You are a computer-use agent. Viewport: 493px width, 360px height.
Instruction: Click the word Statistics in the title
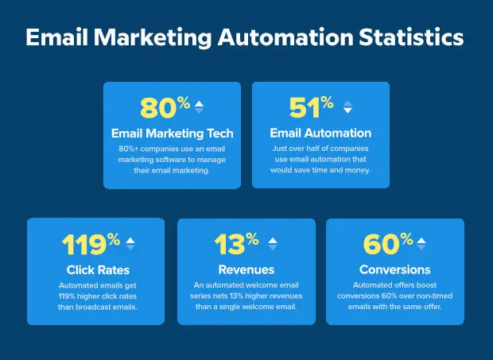pyautogui.click(x=411, y=37)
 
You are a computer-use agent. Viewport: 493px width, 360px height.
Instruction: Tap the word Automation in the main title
pyautogui.click(x=285, y=37)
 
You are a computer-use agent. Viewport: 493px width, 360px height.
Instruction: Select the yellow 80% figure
pyautogui.click(x=165, y=107)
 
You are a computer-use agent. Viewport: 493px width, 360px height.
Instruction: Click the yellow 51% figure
pyautogui.click(x=311, y=107)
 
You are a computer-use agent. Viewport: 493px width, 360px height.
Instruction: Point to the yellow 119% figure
pyautogui.click(x=91, y=244)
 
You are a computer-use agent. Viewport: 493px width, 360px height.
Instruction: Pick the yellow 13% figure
pyautogui.click(x=236, y=244)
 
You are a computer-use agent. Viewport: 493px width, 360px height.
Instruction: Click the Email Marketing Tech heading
pyautogui.click(x=173, y=134)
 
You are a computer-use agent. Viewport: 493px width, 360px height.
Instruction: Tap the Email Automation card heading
pyautogui.click(x=320, y=133)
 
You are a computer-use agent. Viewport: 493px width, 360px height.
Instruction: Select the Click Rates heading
pyautogui.click(x=98, y=270)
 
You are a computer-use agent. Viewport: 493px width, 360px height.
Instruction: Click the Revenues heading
pyautogui.click(x=246, y=269)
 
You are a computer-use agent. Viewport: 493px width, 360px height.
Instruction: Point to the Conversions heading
pyautogui.click(x=395, y=269)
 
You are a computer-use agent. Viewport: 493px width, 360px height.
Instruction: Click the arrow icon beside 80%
pyautogui.click(x=199, y=107)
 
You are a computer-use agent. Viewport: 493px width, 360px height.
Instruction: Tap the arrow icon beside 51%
pyautogui.click(x=347, y=107)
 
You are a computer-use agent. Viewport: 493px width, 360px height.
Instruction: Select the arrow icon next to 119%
pyautogui.click(x=130, y=244)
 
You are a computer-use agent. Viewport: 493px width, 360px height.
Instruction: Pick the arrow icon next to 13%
pyautogui.click(x=273, y=244)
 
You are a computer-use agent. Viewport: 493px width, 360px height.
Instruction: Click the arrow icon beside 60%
pyautogui.click(x=421, y=244)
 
